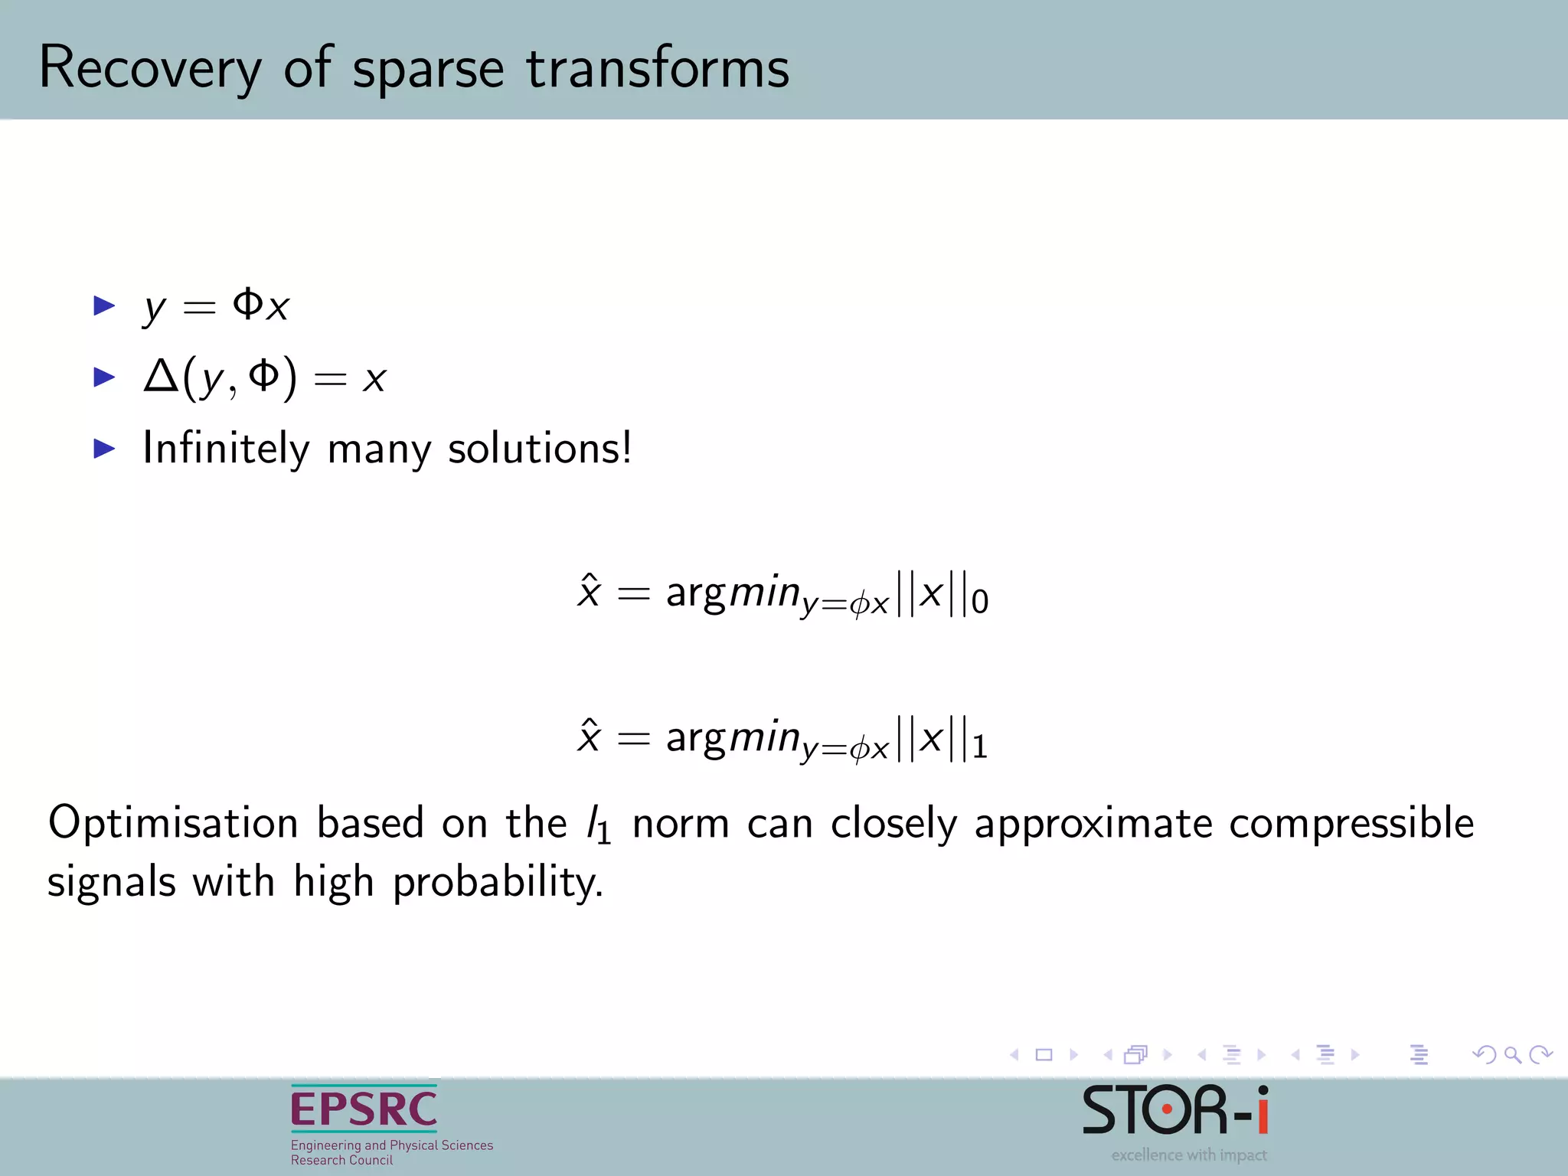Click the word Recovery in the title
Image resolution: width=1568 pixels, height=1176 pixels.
click(x=150, y=69)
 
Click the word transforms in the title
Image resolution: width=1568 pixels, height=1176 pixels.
click(x=657, y=69)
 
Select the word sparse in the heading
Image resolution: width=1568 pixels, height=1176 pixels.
click(x=427, y=70)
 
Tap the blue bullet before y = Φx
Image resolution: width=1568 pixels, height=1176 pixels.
click(x=104, y=306)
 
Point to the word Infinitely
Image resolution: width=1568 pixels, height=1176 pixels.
click(x=226, y=449)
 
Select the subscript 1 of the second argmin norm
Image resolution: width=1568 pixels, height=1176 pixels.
click(x=979, y=747)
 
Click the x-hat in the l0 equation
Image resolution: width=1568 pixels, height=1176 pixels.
click(x=588, y=591)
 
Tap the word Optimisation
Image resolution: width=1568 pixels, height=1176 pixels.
click(x=173, y=824)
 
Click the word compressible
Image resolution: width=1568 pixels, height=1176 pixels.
click(x=1351, y=824)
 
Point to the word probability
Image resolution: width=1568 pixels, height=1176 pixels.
click(x=498, y=883)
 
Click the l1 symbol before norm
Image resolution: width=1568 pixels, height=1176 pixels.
click(x=598, y=825)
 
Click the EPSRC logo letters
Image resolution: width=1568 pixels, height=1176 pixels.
click(x=364, y=1109)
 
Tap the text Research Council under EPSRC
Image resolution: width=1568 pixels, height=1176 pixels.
click(x=341, y=1160)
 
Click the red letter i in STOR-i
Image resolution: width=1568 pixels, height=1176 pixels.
click(x=1262, y=1109)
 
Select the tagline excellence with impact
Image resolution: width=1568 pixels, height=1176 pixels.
click(x=1188, y=1155)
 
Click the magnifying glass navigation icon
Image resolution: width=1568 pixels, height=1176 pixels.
click(x=1512, y=1055)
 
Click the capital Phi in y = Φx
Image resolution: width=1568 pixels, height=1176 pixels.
click(x=248, y=304)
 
